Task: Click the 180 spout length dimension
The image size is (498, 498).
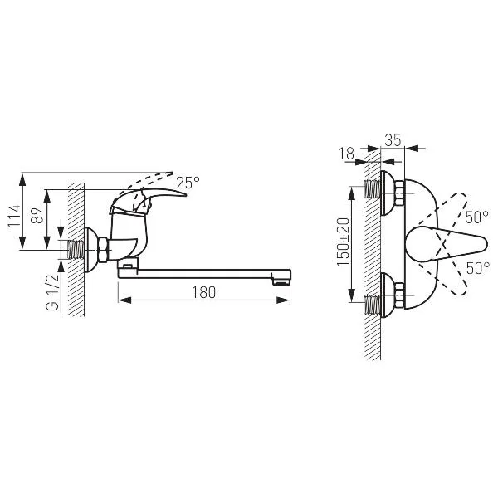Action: [203, 292]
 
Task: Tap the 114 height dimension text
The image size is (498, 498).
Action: [14, 216]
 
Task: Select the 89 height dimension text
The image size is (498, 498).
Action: [37, 216]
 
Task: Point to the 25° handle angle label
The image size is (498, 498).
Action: [188, 183]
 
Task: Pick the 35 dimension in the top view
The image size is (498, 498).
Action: [393, 140]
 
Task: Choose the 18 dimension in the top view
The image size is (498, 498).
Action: [346, 154]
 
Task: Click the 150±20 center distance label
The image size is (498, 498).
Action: [344, 242]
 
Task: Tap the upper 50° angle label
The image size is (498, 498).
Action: [477, 217]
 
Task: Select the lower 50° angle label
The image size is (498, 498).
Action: [478, 268]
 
